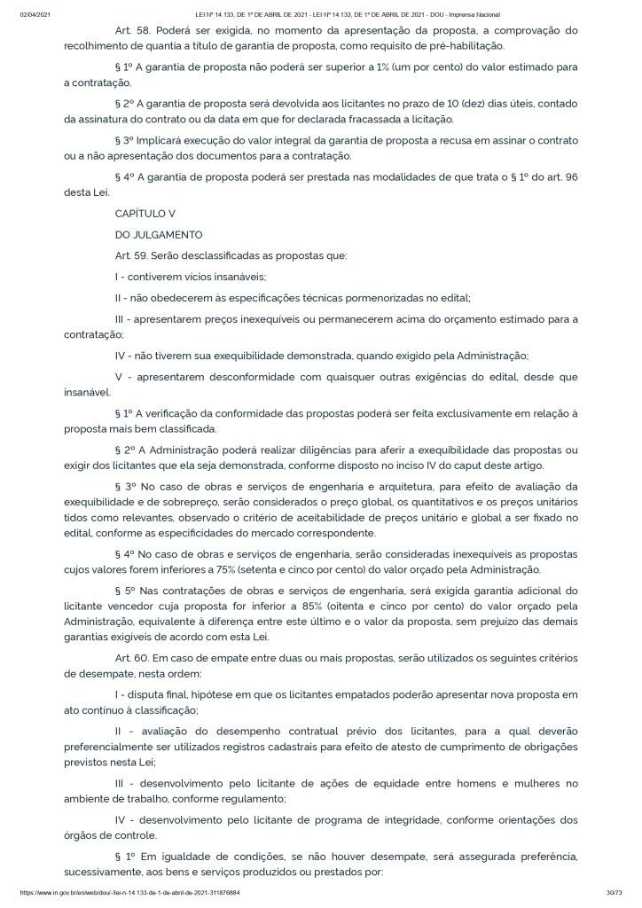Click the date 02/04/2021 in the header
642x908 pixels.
click(32, 15)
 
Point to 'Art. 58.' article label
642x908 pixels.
click(132, 30)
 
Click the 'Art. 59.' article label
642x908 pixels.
click(132, 256)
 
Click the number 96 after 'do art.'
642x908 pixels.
click(596, 176)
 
